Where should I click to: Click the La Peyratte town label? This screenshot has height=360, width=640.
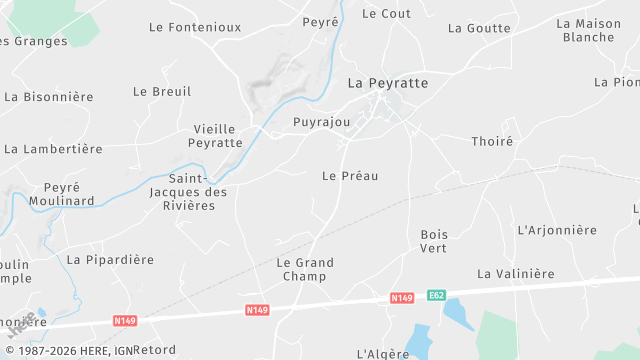(x=387, y=83)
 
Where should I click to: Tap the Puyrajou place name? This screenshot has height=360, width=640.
(x=321, y=123)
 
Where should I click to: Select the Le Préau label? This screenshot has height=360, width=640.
(x=350, y=175)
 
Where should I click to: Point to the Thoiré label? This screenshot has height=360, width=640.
(x=492, y=142)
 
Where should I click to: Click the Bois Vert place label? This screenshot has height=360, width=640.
(x=434, y=241)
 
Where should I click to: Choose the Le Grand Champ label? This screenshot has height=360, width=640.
(x=305, y=269)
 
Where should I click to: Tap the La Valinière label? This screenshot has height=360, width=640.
(x=515, y=274)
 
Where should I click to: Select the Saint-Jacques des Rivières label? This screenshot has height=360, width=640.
(x=188, y=192)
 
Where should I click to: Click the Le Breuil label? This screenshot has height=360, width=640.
(x=162, y=91)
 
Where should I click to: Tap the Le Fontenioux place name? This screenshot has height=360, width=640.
(x=195, y=27)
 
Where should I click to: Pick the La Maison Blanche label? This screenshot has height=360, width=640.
(x=589, y=30)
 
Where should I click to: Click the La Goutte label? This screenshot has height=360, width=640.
(x=479, y=28)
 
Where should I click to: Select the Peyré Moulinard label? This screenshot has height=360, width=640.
(x=69, y=194)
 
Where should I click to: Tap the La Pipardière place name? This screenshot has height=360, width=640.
(x=110, y=260)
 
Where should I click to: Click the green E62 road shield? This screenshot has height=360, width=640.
(x=436, y=295)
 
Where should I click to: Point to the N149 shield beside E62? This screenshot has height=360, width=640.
(x=402, y=298)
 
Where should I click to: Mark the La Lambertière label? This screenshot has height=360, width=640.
(x=53, y=149)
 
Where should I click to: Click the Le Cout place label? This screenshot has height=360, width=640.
(x=386, y=14)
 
